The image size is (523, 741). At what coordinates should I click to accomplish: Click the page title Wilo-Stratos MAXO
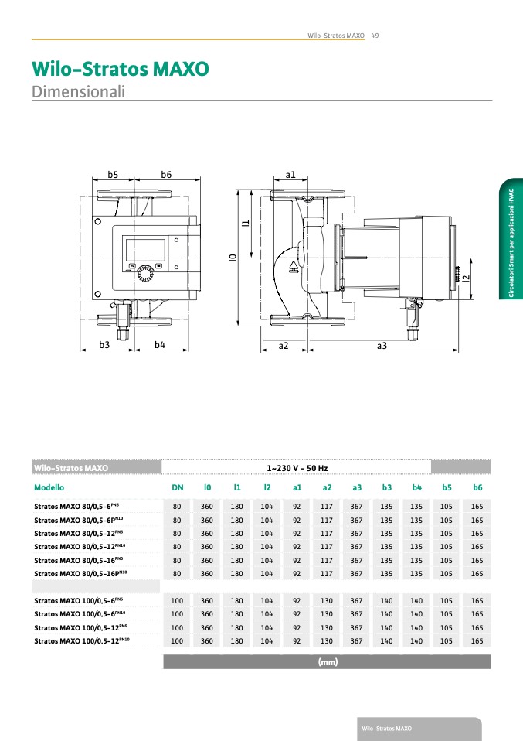[120, 68]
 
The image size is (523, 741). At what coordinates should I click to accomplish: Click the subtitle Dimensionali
[78, 91]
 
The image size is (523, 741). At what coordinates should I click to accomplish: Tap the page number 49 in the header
[375, 36]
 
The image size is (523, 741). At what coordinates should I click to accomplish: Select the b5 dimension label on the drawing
[113, 175]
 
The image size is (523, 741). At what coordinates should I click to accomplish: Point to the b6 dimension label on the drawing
[166, 175]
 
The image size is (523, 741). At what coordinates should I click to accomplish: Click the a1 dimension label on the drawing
[290, 175]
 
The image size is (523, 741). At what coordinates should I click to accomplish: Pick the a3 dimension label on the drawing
[382, 346]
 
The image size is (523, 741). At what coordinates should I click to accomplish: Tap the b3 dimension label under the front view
[104, 344]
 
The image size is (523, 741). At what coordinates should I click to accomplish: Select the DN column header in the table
[177, 488]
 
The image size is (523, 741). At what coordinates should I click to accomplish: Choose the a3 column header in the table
[357, 488]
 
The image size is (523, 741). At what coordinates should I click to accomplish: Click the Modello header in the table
[49, 488]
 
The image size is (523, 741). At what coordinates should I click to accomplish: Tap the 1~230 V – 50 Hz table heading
[297, 468]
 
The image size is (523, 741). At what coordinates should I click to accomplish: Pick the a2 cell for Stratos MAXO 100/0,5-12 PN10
[327, 640]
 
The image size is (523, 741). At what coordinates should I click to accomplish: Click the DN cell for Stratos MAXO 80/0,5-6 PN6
[177, 506]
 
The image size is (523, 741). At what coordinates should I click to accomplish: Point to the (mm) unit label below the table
[328, 662]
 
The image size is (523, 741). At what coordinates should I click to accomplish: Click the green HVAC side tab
[511, 240]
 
